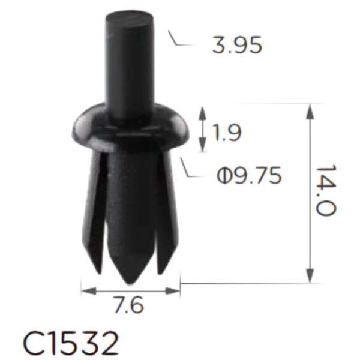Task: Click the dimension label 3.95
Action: pos(237,45)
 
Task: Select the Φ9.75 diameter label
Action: pos(249,175)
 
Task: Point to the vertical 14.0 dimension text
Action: pos(326,190)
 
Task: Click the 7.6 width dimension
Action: pos(129,305)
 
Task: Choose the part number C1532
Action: pos(71,343)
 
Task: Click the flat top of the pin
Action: pos(129,17)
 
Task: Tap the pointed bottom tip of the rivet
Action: pos(131,283)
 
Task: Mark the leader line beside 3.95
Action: pos(183,41)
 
